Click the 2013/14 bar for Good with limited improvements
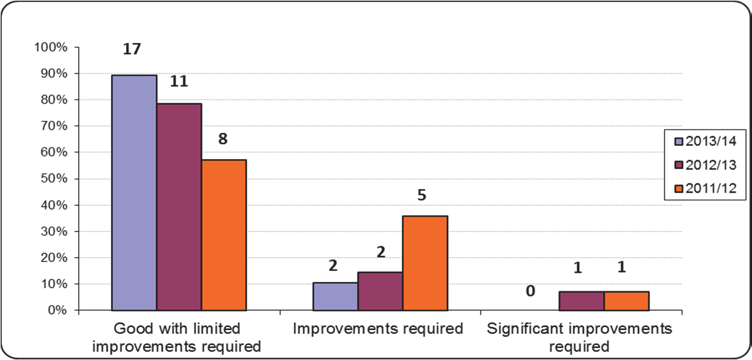tap(134, 192)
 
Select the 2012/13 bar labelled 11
tap(179, 207)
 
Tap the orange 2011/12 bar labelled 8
tap(223, 235)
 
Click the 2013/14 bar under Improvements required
tap(336, 296)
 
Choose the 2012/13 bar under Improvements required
tap(380, 291)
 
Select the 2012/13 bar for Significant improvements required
tap(582, 301)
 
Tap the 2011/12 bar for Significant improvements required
tap(627, 301)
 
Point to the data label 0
tap(530, 291)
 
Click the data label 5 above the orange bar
tap(421, 195)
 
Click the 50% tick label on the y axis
tap(55, 179)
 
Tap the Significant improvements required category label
tap(580, 337)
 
